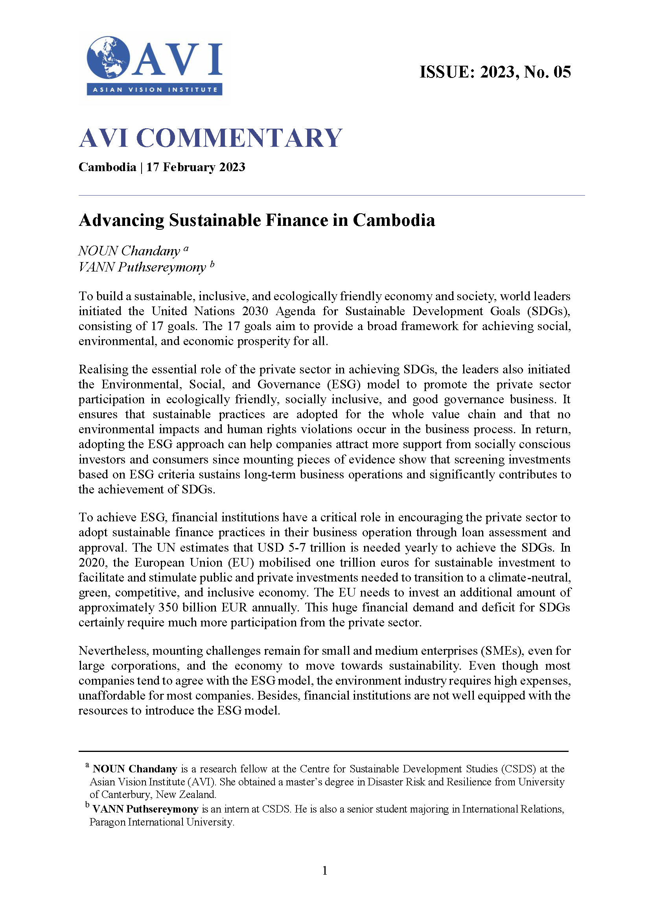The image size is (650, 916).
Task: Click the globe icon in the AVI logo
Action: point(108,57)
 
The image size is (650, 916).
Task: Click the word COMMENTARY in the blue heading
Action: point(239,138)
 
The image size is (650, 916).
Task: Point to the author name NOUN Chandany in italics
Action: point(129,251)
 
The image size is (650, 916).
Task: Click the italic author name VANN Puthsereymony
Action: point(142,267)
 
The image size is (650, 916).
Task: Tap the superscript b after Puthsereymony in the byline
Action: point(212,264)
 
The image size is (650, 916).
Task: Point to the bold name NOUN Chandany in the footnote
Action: point(135,769)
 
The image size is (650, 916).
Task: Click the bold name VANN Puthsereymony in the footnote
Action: point(145,809)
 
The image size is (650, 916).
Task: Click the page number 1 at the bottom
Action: point(324,870)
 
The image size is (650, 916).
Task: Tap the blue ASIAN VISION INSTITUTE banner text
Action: point(155,90)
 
